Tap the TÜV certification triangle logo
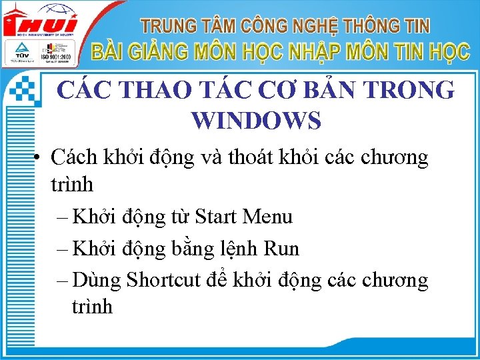tap(18, 52)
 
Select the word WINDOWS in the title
tap(256, 121)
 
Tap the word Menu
tap(268, 217)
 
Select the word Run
tap(282, 249)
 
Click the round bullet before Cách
tap(40, 159)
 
